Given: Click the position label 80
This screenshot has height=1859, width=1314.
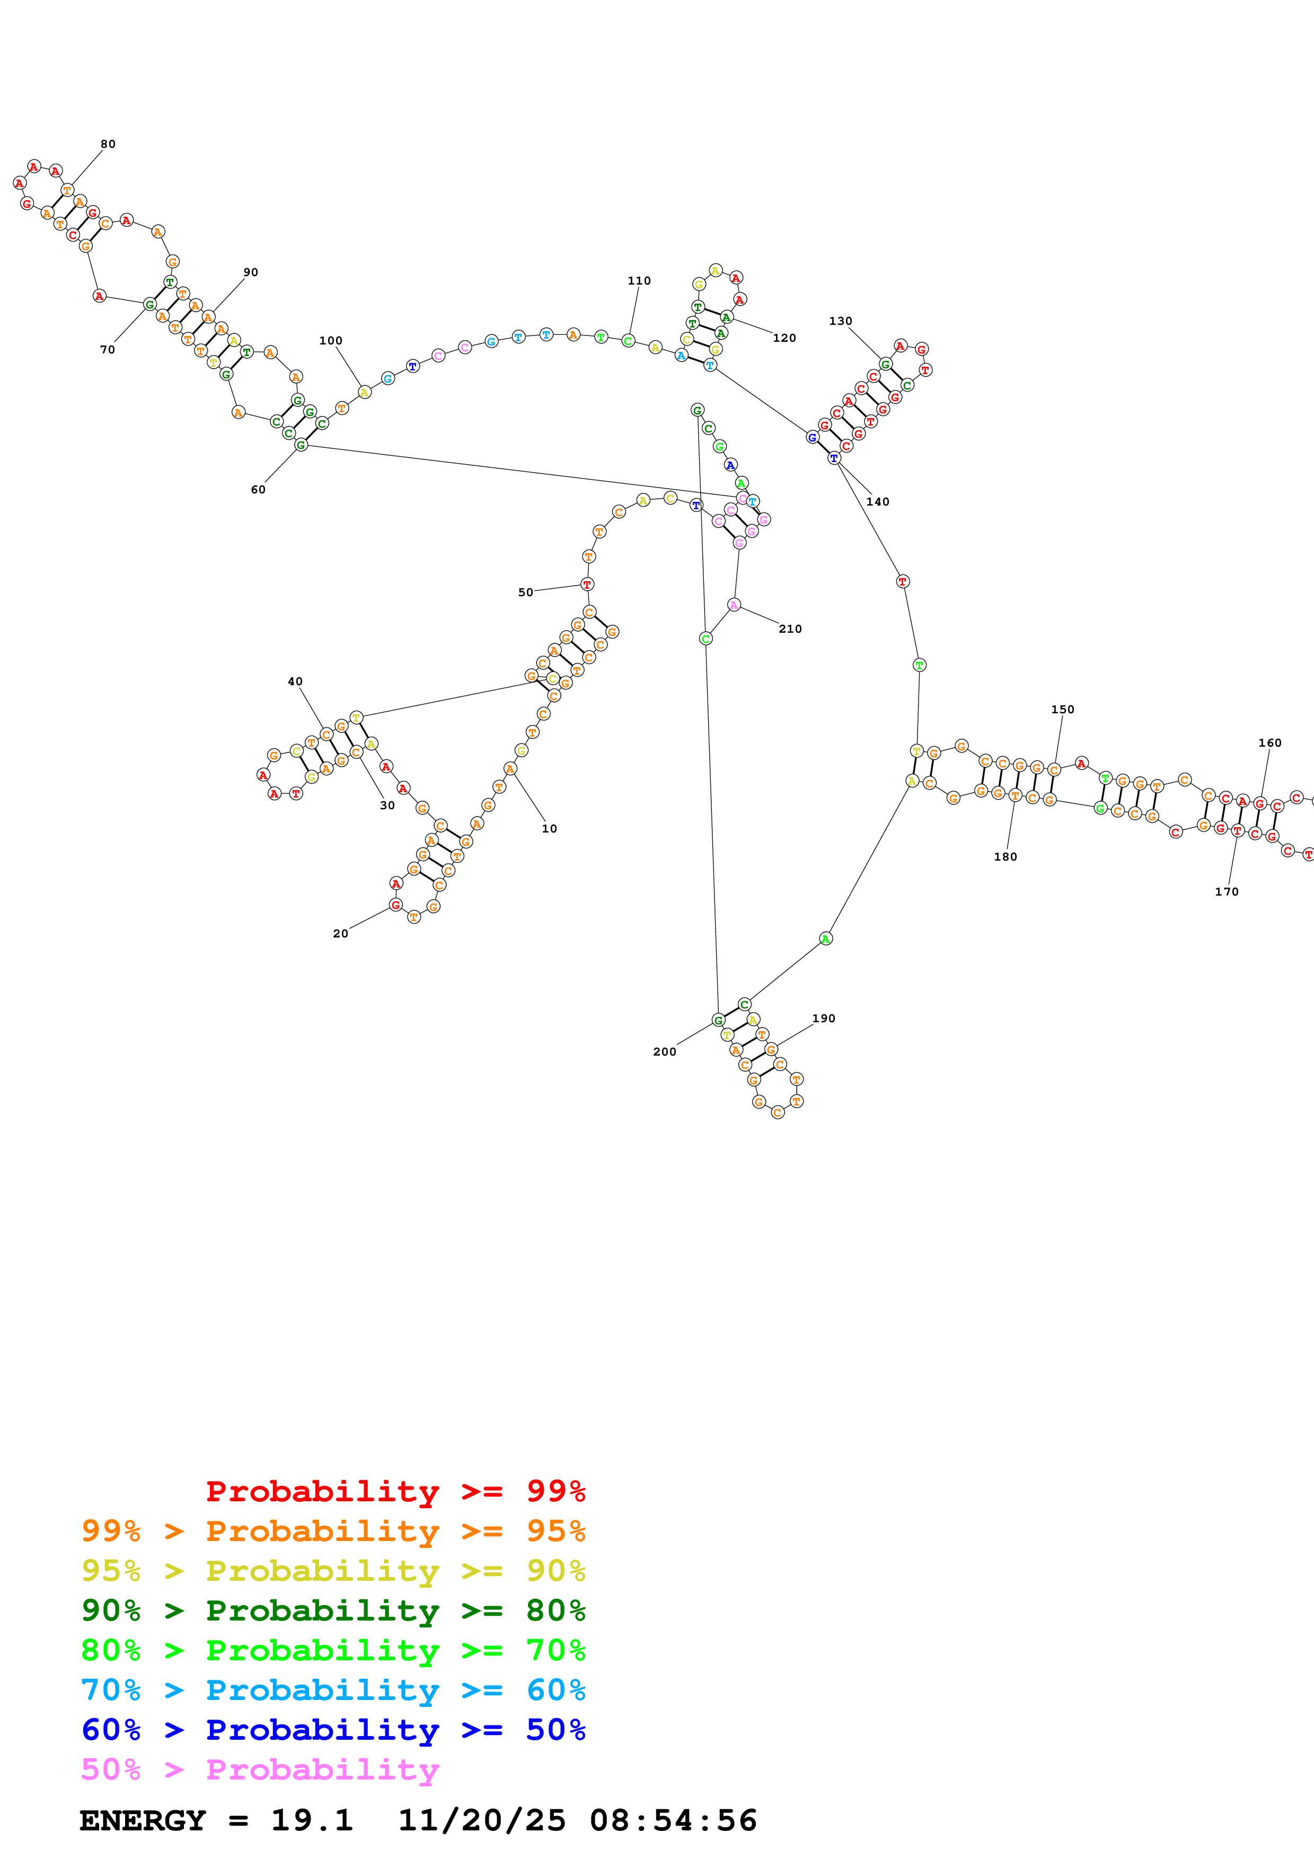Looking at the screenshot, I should point(108,144).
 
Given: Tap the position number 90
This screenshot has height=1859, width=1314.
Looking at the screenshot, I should point(251,272).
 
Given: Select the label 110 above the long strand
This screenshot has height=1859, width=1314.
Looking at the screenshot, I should point(639,281).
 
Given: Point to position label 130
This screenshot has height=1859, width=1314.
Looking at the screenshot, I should point(840,322).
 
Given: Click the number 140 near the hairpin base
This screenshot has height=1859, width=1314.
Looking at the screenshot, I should point(878,502).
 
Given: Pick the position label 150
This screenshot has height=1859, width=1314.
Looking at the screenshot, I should point(1062,709).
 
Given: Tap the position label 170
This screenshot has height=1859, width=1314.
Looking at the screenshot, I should point(1227,891).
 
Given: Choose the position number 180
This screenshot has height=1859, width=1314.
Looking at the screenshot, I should point(1006,856).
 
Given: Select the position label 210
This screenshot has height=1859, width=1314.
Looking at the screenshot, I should point(790,629).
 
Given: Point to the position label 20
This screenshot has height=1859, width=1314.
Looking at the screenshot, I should point(341,934).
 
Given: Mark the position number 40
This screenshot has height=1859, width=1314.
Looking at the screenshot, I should point(296,681).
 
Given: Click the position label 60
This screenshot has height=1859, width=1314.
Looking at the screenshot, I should point(258,490).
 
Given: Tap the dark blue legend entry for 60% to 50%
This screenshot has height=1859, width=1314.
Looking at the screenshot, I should point(333,1730).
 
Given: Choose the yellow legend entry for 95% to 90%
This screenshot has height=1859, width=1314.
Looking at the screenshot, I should point(333,1571).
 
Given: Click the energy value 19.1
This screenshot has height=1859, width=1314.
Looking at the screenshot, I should point(312,1820).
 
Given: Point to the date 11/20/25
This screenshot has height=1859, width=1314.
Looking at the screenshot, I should point(482,1820).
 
